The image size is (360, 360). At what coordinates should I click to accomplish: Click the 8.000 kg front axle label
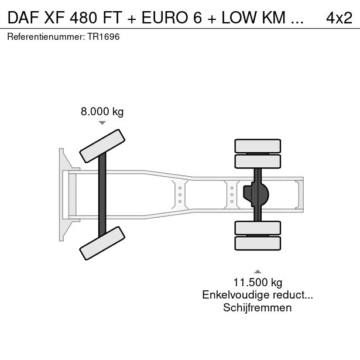click(102, 112)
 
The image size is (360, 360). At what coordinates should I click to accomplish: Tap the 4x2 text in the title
click(339, 18)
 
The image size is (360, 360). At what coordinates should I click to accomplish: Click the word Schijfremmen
click(257, 308)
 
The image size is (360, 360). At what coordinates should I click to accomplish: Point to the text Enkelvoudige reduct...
click(257, 296)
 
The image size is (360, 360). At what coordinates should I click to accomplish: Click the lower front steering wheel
click(103, 244)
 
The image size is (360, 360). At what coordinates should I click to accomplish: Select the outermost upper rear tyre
click(257, 146)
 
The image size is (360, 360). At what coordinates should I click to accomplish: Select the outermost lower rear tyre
click(257, 244)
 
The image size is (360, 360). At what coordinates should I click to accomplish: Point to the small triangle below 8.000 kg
click(102, 123)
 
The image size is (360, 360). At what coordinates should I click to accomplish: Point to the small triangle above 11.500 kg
click(257, 271)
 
